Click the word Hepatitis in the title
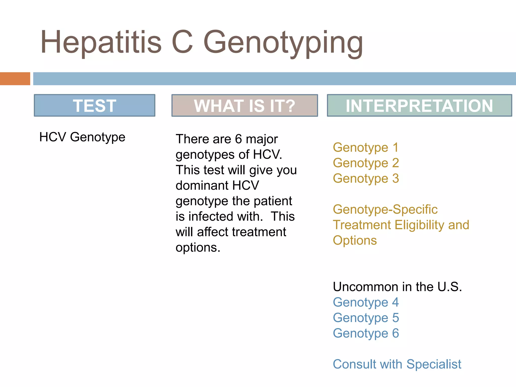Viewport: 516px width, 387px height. [x=101, y=42]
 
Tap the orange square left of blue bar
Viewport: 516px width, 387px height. [x=15, y=79]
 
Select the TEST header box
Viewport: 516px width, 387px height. [x=94, y=106]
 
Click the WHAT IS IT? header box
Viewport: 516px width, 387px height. [x=244, y=106]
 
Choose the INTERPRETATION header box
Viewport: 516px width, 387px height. [x=419, y=106]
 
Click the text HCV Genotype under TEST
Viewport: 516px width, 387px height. [x=82, y=137]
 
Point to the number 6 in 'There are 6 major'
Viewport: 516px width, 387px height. [x=238, y=139]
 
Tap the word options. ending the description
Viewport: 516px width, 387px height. [x=198, y=247]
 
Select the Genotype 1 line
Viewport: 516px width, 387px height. [x=366, y=148]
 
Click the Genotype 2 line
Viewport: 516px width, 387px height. [x=366, y=163]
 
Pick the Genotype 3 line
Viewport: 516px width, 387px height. [x=366, y=179]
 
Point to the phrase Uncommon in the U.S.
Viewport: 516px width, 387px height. [x=397, y=287]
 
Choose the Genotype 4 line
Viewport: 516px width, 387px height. [x=366, y=302]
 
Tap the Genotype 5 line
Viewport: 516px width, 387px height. [x=366, y=318]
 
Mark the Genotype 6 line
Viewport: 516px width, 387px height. [x=366, y=333]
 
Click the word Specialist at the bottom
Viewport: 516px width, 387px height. [x=434, y=364]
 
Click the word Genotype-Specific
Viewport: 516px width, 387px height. [x=385, y=209]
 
